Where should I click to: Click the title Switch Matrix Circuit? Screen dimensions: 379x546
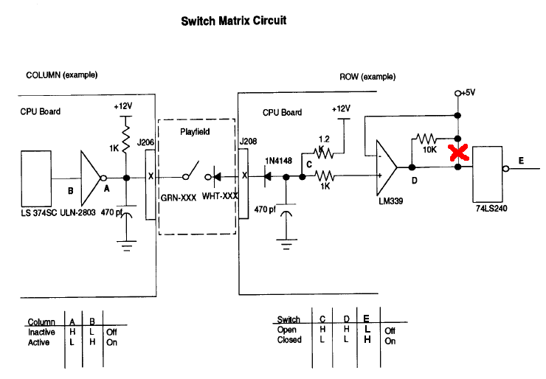click(233, 21)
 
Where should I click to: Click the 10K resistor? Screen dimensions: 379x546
click(426, 138)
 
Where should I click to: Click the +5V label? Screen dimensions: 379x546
click(467, 94)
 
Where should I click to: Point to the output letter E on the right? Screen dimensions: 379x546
click(522, 159)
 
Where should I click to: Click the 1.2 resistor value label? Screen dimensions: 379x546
click(323, 139)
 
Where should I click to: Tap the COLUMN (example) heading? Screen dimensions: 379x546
click(62, 75)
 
